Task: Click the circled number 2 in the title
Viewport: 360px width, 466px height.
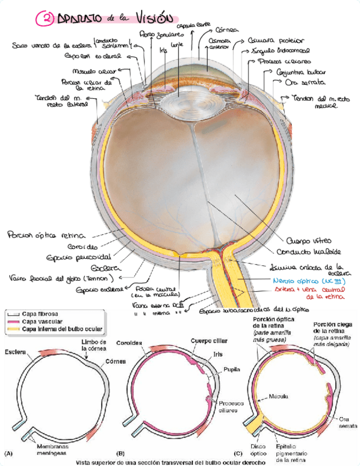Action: pos(45,19)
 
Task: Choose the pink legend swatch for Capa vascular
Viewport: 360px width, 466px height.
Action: pos(13,321)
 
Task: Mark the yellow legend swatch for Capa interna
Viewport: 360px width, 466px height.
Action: pos(13,329)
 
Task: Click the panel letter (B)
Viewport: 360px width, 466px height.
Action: pos(120,453)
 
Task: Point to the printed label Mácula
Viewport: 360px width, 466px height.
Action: pos(278,396)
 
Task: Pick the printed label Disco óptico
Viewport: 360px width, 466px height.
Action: pos(258,450)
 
